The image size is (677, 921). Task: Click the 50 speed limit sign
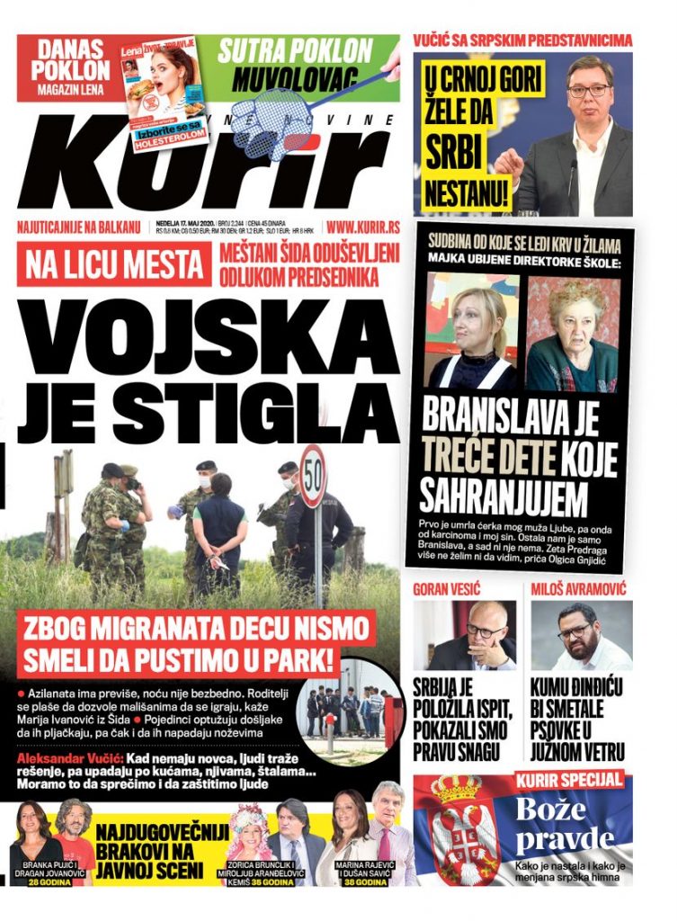click(313, 476)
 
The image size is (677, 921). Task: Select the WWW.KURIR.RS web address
click(361, 229)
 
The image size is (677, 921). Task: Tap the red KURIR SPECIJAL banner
click(569, 779)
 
